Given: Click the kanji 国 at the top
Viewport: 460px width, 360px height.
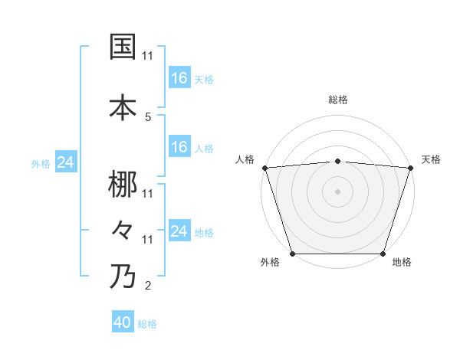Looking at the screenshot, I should click(x=123, y=47).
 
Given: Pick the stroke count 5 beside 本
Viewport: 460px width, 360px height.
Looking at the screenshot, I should click(x=147, y=117).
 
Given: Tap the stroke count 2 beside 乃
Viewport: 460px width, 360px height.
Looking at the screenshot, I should click(x=147, y=287).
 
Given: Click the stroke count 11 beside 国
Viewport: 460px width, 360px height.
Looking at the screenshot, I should click(x=148, y=56).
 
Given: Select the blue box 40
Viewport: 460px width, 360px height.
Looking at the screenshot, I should click(x=123, y=323).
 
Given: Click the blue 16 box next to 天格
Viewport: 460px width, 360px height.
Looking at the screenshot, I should click(x=179, y=78).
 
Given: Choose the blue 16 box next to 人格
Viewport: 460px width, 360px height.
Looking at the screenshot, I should click(x=179, y=147).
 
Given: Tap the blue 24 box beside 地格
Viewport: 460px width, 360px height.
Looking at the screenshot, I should click(x=179, y=231).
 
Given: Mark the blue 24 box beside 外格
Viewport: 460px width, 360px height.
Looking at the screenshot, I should click(x=66, y=162).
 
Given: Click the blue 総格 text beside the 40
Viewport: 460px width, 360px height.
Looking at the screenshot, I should click(x=147, y=324).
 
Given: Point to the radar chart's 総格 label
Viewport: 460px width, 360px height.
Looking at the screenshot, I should click(x=337, y=100).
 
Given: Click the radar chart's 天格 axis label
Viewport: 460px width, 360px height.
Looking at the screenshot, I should click(x=431, y=159).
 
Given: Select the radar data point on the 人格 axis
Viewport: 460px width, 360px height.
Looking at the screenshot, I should click(x=264, y=168).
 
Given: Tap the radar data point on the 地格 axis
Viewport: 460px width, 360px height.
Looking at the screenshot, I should click(x=383, y=254).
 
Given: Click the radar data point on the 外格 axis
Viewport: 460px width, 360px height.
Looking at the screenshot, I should click(x=292, y=254).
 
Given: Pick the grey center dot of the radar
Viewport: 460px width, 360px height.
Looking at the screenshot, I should click(x=337, y=191).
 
